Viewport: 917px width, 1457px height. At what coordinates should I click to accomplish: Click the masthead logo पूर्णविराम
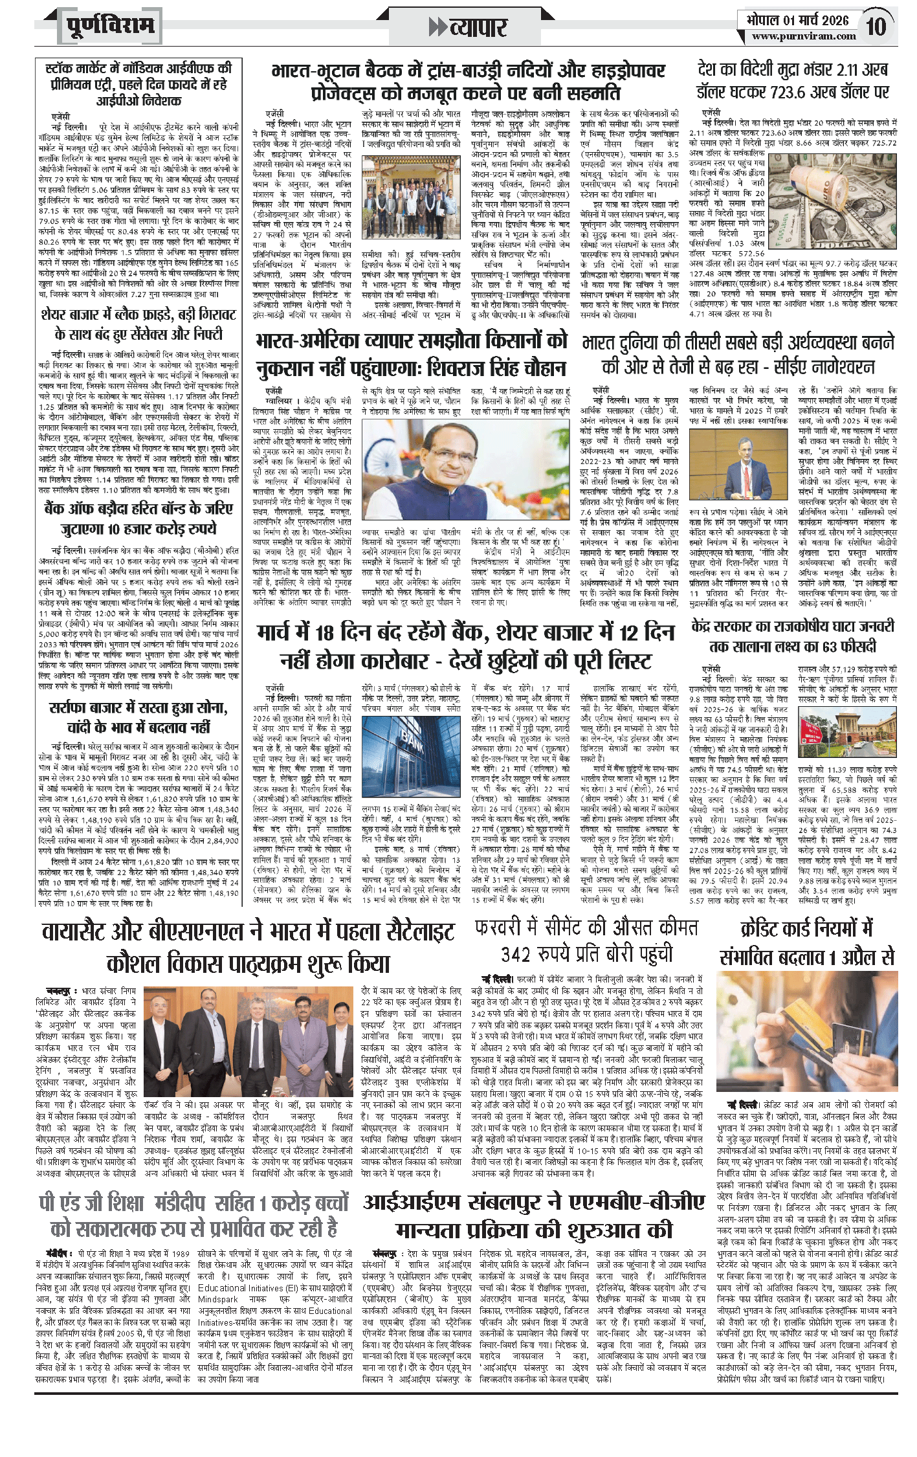(x=111, y=26)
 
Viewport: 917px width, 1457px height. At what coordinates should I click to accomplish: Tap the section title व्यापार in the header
(x=468, y=27)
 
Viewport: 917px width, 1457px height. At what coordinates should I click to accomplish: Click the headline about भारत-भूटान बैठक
(x=468, y=81)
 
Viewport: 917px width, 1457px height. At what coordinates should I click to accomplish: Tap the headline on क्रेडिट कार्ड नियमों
(x=807, y=942)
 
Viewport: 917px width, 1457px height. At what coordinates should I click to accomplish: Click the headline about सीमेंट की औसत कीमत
(x=586, y=941)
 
